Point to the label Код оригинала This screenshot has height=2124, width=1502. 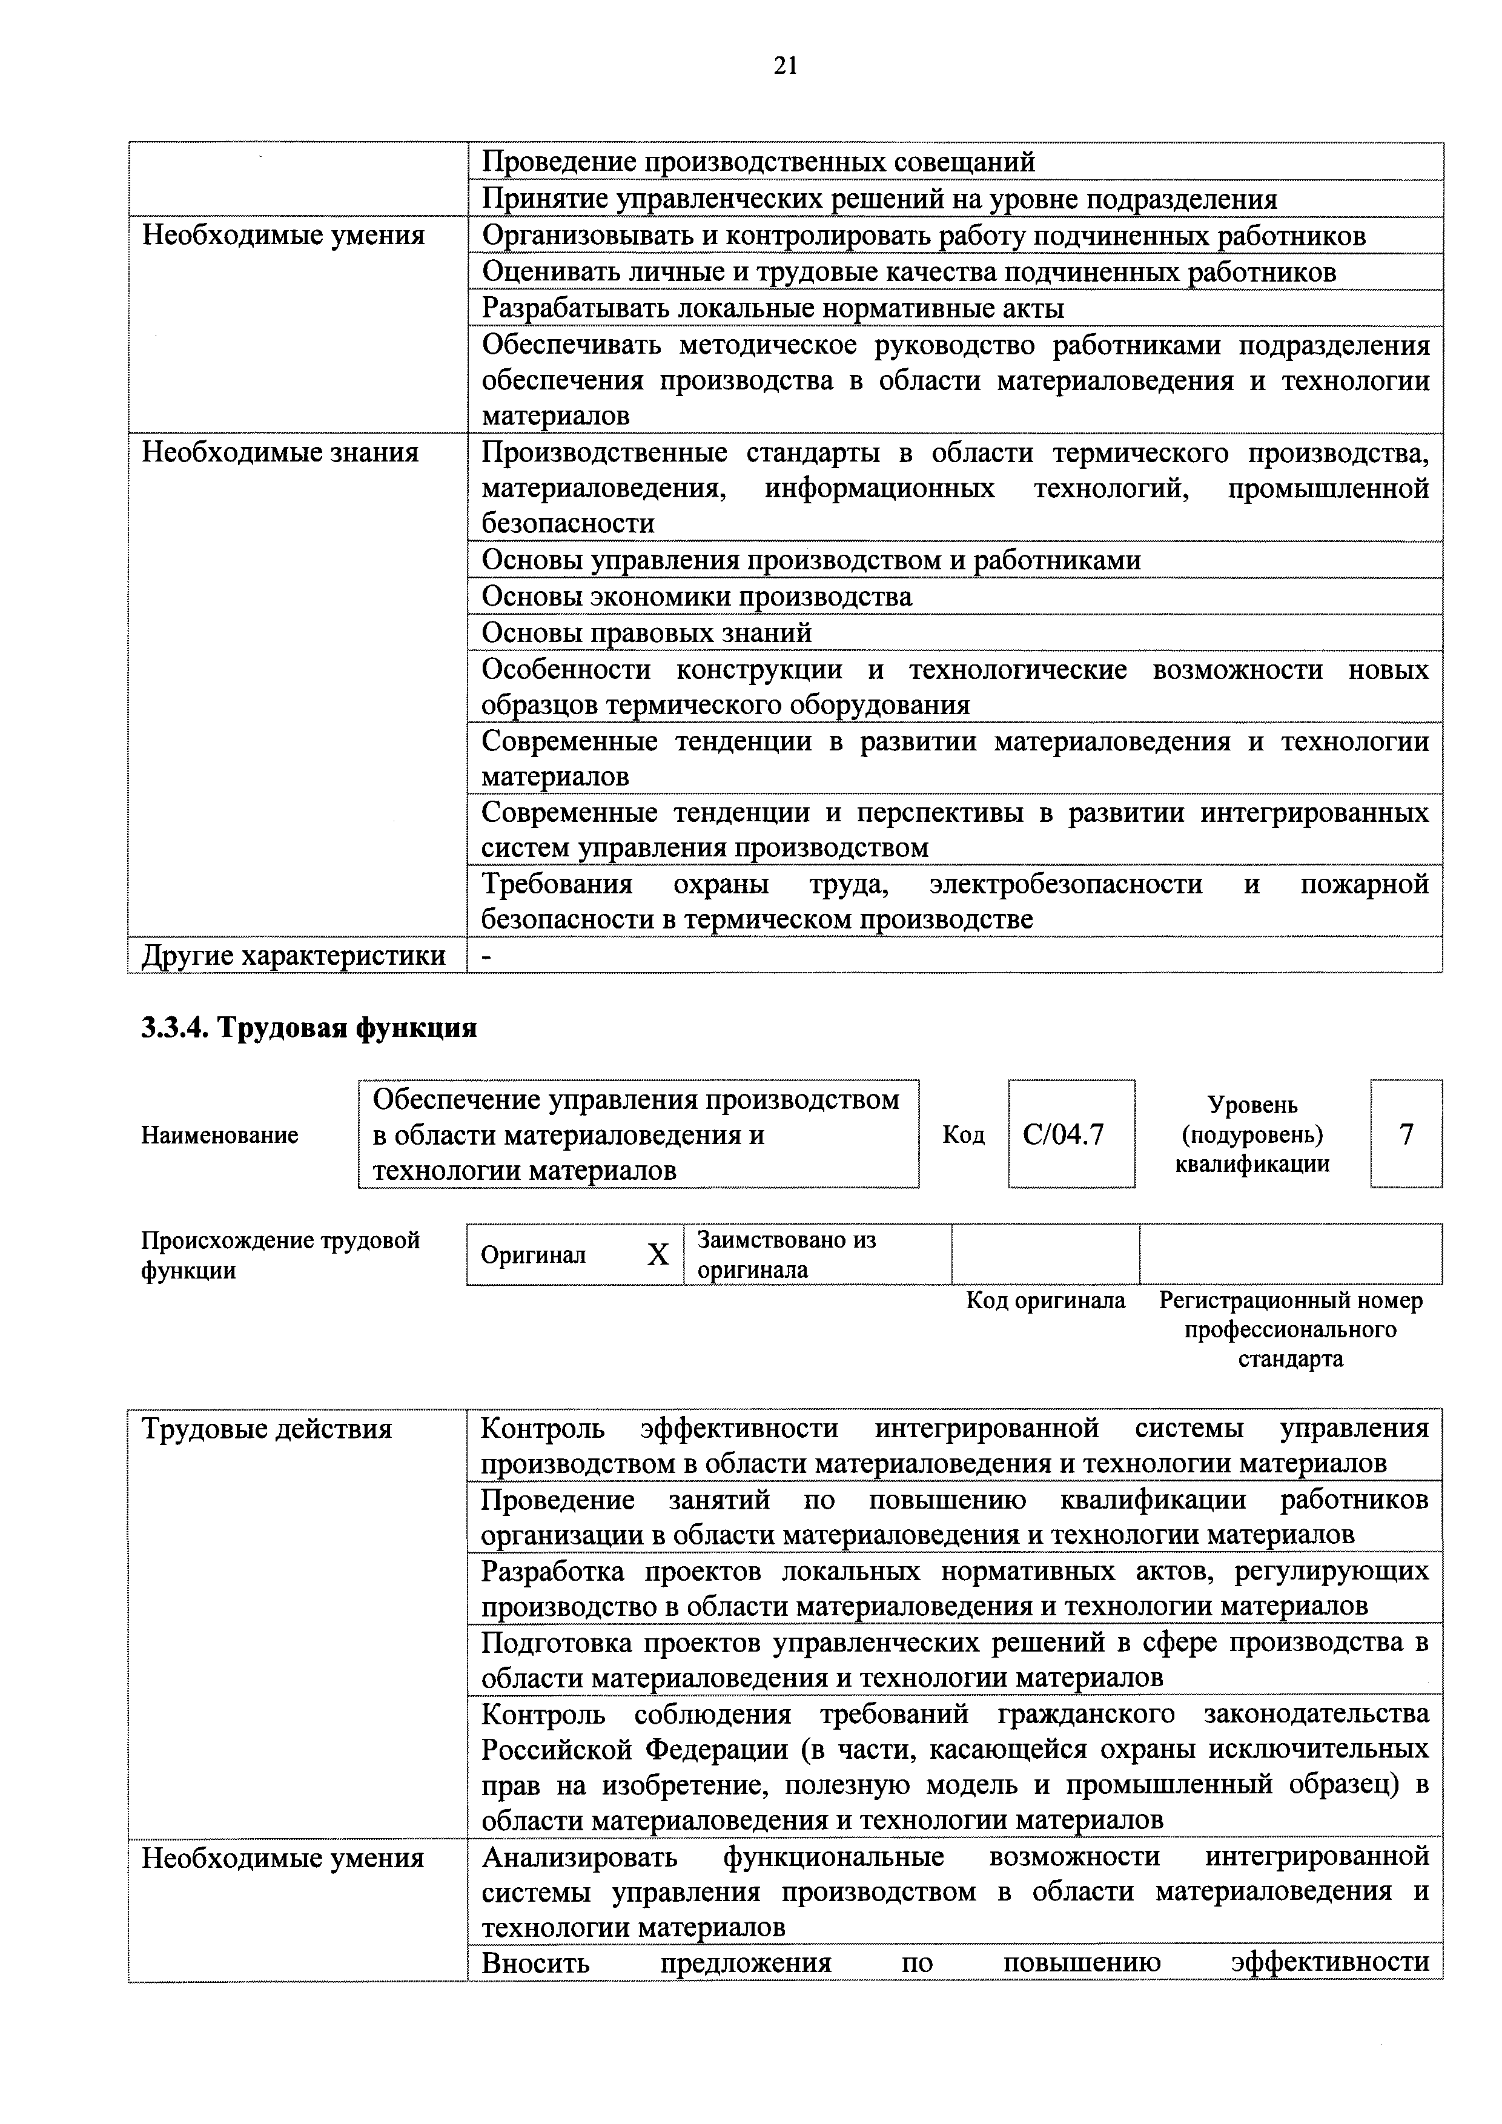1045,1301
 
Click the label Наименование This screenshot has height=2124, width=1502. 219,1135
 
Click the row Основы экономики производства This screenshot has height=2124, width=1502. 696,597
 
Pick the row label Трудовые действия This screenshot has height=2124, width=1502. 266,1429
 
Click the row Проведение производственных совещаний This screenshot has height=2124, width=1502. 758,162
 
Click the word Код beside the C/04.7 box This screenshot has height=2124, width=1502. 963,1135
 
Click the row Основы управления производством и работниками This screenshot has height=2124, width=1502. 811,561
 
